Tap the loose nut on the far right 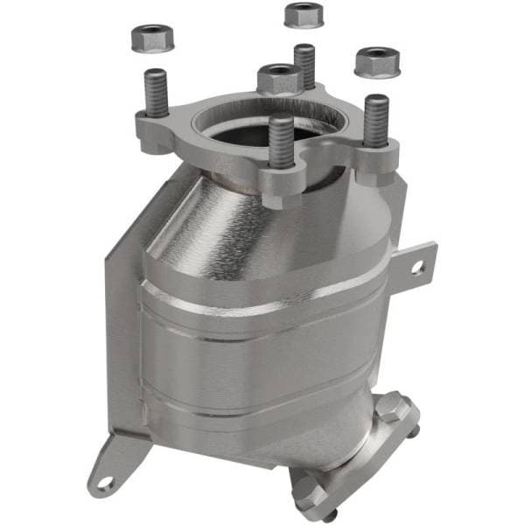[377, 61]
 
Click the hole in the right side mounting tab [418, 267]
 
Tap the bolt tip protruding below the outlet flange [330, 516]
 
